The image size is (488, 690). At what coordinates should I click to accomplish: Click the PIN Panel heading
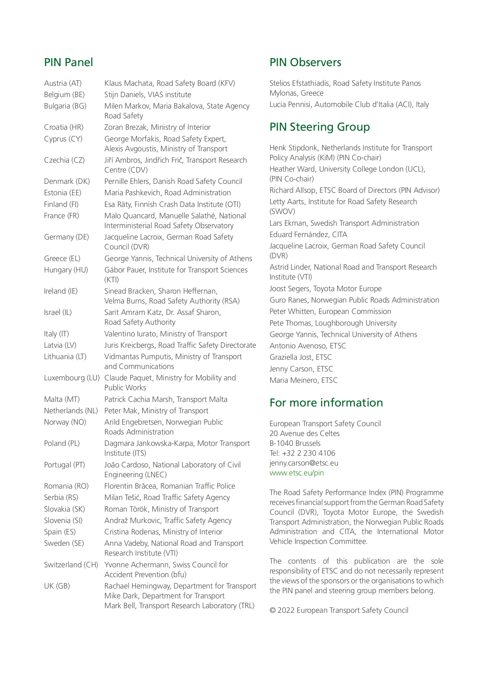pos(68,62)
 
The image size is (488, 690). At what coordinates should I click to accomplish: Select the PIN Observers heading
pos(305,62)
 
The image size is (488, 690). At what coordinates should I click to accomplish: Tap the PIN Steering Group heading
pos(319,127)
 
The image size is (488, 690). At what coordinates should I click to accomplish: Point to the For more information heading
pos(326,403)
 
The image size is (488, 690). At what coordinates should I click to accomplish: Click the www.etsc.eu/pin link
pos(297,473)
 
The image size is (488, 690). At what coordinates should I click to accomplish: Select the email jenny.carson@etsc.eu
pos(304,463)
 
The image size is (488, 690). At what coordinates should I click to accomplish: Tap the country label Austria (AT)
pos(63,83)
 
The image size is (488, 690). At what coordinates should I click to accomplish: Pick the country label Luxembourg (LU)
pos(72,378)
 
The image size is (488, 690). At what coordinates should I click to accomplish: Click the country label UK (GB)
pos(57,586)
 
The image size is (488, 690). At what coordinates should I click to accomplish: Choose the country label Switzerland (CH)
pos(71,565)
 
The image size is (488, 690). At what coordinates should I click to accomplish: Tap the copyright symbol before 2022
pos(273,611)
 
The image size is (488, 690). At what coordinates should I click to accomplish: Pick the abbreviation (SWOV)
pos(282,212)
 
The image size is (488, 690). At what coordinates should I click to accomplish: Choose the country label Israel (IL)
pos(58,312)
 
